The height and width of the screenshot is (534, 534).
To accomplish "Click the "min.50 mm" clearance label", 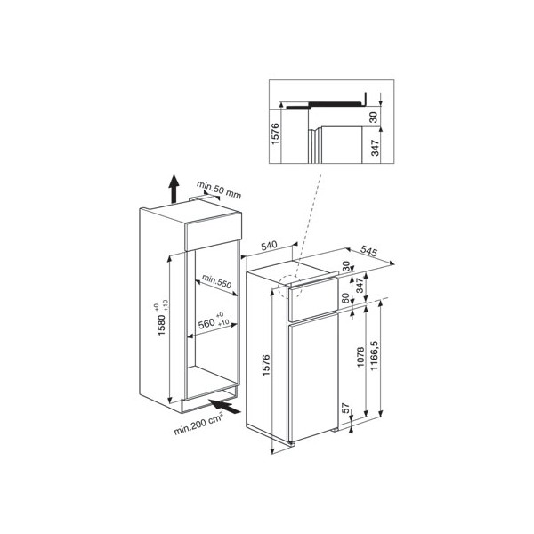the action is (x=219, y=190).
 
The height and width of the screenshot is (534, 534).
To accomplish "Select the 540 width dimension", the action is (x=270, y=246).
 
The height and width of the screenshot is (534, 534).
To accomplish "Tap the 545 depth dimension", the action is (x=368, y=251).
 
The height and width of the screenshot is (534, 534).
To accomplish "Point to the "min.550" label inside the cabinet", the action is (x=216, y=281).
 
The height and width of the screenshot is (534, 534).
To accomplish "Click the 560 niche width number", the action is (x=206, y=323).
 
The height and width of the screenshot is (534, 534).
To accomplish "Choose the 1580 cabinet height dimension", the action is (x=161, y=325).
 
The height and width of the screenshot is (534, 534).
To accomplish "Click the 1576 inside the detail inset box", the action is (x=275, y=133).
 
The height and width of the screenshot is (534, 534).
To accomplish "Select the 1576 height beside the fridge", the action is (x=266, y=366).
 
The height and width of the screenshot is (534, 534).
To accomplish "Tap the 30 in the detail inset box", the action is (x=374, y=117).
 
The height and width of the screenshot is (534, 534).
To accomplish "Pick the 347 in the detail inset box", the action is (x=375, y=148).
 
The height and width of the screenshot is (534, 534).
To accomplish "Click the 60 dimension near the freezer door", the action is (x=345, y=298).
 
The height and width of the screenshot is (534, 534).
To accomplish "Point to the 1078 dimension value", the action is (x=360, y=357).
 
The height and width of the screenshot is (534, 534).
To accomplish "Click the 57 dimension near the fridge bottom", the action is (x=345, y=408).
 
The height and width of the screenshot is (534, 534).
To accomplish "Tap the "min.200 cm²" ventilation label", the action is (x=198, y=424).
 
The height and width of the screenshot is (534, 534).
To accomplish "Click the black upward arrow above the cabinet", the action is (x=174, y=189).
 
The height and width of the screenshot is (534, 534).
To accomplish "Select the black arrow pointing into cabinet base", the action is (x=225, y=407).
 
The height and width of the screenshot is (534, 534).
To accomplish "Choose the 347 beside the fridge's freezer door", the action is (x=360, y=286).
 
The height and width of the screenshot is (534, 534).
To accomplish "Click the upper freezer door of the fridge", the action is (x=313, y=299).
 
